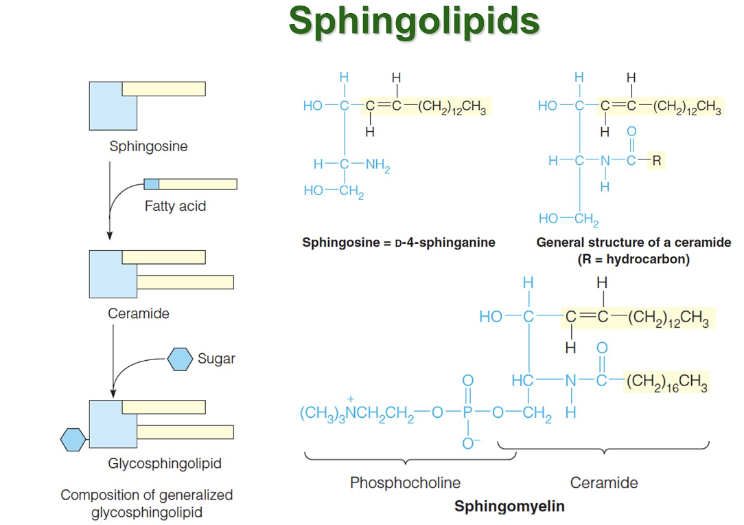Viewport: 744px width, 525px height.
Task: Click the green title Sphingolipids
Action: [414, 21]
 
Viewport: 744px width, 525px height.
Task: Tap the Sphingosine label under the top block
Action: [148, 146]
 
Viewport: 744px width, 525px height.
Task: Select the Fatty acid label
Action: [175, 205]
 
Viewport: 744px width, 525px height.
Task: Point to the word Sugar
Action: [216, 358]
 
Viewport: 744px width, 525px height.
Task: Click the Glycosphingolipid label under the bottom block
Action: [165, 463]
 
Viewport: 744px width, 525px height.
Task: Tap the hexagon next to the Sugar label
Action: [181, 359]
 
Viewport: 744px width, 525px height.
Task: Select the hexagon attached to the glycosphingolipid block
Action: [73, 438]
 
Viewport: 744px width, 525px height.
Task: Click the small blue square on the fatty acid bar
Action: [152, 183]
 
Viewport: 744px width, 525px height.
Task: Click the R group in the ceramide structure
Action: [657, 161]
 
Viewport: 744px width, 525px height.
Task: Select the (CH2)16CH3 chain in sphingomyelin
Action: [666, 383]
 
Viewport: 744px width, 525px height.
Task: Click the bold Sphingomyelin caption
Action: [509, 506]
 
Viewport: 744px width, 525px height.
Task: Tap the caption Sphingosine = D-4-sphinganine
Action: [398, 243]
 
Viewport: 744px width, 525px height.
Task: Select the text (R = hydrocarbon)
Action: [633, 259]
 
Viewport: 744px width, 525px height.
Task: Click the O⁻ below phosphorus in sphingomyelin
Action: [468, 443]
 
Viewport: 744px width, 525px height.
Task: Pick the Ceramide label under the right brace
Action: [604, 482]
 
